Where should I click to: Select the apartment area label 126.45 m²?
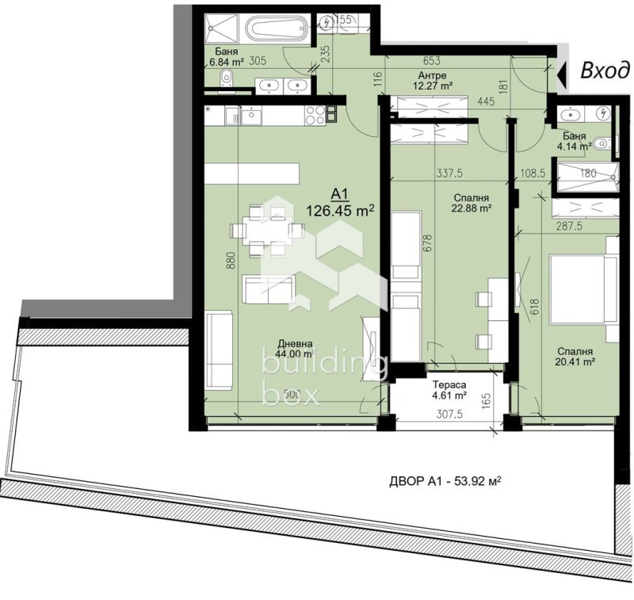(x=341, y=210)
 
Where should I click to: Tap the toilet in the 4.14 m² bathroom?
(x=603, y=144)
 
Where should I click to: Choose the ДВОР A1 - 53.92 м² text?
(x=447, y=481)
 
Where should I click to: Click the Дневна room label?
(x=294, y=344)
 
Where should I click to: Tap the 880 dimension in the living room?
(x=231, y=262)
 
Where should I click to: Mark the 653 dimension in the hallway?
(x=432, y=60)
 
